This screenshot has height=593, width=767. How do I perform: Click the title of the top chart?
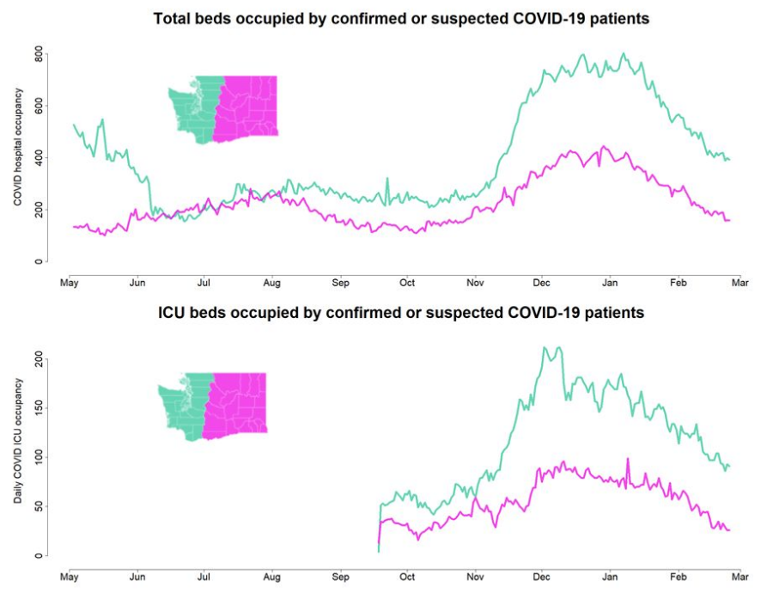[400, 18]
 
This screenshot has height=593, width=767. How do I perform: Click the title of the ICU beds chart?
[401, 313]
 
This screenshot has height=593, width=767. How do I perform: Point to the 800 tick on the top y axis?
[38, 55]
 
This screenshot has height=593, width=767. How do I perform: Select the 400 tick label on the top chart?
[38, 158]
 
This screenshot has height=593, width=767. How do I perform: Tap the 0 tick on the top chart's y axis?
[38, 261]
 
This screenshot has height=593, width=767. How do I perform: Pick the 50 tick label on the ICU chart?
[38, 507]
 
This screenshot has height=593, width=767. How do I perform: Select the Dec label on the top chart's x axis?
[541, 281]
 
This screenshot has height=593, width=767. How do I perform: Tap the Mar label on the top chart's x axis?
[740, 281]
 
